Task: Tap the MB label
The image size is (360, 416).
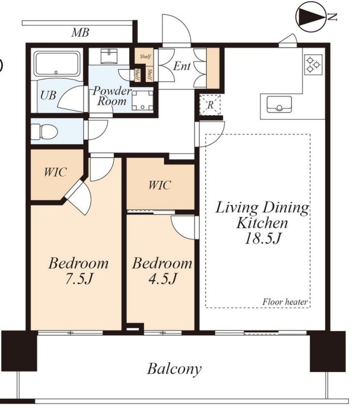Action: coord(80,33)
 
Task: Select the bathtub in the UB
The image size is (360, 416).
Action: coord(57,63)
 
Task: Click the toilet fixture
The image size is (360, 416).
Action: coord(44,132)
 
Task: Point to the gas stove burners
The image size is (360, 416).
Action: coord(313,64)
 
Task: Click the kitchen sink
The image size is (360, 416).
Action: coord(279,104)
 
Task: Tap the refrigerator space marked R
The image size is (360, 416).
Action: coord(210,105)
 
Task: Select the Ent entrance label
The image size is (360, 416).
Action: coord(182,66)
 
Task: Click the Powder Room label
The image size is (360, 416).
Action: coord(111,96)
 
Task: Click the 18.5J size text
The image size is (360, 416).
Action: coord(263,238)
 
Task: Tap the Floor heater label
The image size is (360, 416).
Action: coord(285,302)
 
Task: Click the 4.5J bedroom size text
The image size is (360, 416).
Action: coord(163,279)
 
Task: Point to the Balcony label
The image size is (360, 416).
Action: coord(174,369)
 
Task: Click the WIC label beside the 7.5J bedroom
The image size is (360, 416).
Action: coord(55,172)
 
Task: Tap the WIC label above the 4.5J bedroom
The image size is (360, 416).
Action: coord(160,185)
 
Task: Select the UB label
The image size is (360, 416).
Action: coord(48,95)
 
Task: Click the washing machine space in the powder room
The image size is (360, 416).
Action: coord(142,100)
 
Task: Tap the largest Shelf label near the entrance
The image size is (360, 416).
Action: coord(145,56)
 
